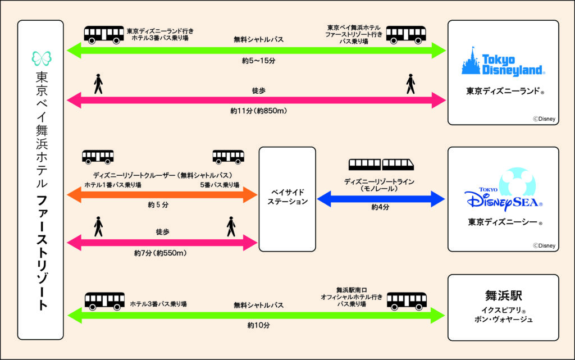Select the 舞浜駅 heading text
[x=503, y=295]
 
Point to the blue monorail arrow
[x=381, y=198]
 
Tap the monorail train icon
[x=381, y=164]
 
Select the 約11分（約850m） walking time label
[x=259, y=111]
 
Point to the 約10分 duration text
[x=258, y=325]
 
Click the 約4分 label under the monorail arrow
[x=381, y=208]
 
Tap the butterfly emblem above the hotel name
[x=41, y=58]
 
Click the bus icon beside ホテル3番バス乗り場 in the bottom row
[x=104, y=301]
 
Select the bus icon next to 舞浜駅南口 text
[x=407, y=301]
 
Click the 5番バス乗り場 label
[x=220, y=185]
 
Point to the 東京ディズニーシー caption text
[x=501, y=222]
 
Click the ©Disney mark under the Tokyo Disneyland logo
[x=544, y=118]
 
